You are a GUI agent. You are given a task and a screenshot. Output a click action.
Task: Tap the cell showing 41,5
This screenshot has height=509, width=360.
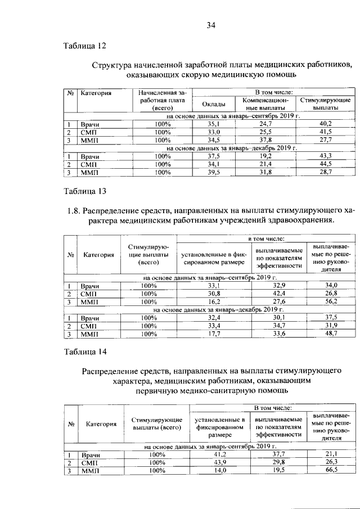pyautogui.click(x=325, y=132)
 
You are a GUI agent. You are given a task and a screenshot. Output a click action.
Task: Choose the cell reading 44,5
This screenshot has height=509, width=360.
pyautogui.click(x=325, y=164)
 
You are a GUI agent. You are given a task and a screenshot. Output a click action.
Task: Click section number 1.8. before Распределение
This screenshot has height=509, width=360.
pyautogui.click(x=74, y=211)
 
